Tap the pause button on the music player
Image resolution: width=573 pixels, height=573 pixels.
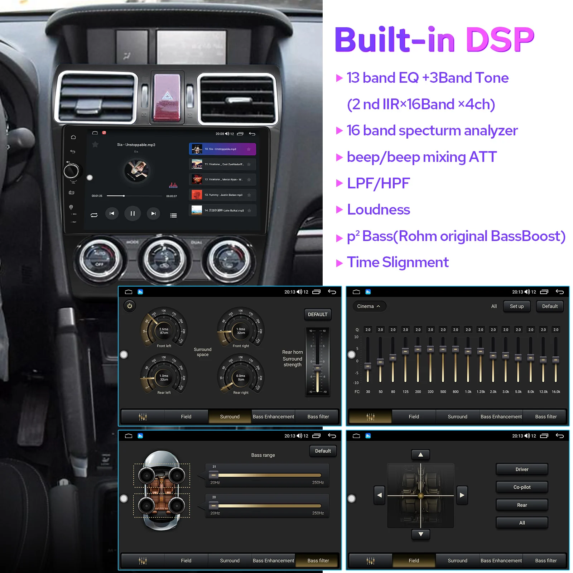(133, 213)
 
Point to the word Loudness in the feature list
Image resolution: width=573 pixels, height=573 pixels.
(378, 210)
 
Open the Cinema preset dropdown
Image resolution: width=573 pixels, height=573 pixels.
(368, 306)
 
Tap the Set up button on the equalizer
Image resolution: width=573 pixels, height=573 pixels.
(516, 306)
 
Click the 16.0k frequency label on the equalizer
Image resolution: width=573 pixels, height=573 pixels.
(556, 392)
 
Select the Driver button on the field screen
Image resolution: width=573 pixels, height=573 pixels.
(522, 469)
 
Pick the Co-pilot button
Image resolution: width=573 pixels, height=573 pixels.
(522, 487)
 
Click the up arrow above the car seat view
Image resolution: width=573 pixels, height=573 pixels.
(421, 455)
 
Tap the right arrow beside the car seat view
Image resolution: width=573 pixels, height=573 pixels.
(462, 495)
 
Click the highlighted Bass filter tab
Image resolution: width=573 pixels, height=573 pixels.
(318, 560)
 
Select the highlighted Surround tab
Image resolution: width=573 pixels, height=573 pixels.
(230, 416)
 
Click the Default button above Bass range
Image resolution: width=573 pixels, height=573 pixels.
(323, 451)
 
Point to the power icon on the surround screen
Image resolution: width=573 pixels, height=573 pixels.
(130, 306)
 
